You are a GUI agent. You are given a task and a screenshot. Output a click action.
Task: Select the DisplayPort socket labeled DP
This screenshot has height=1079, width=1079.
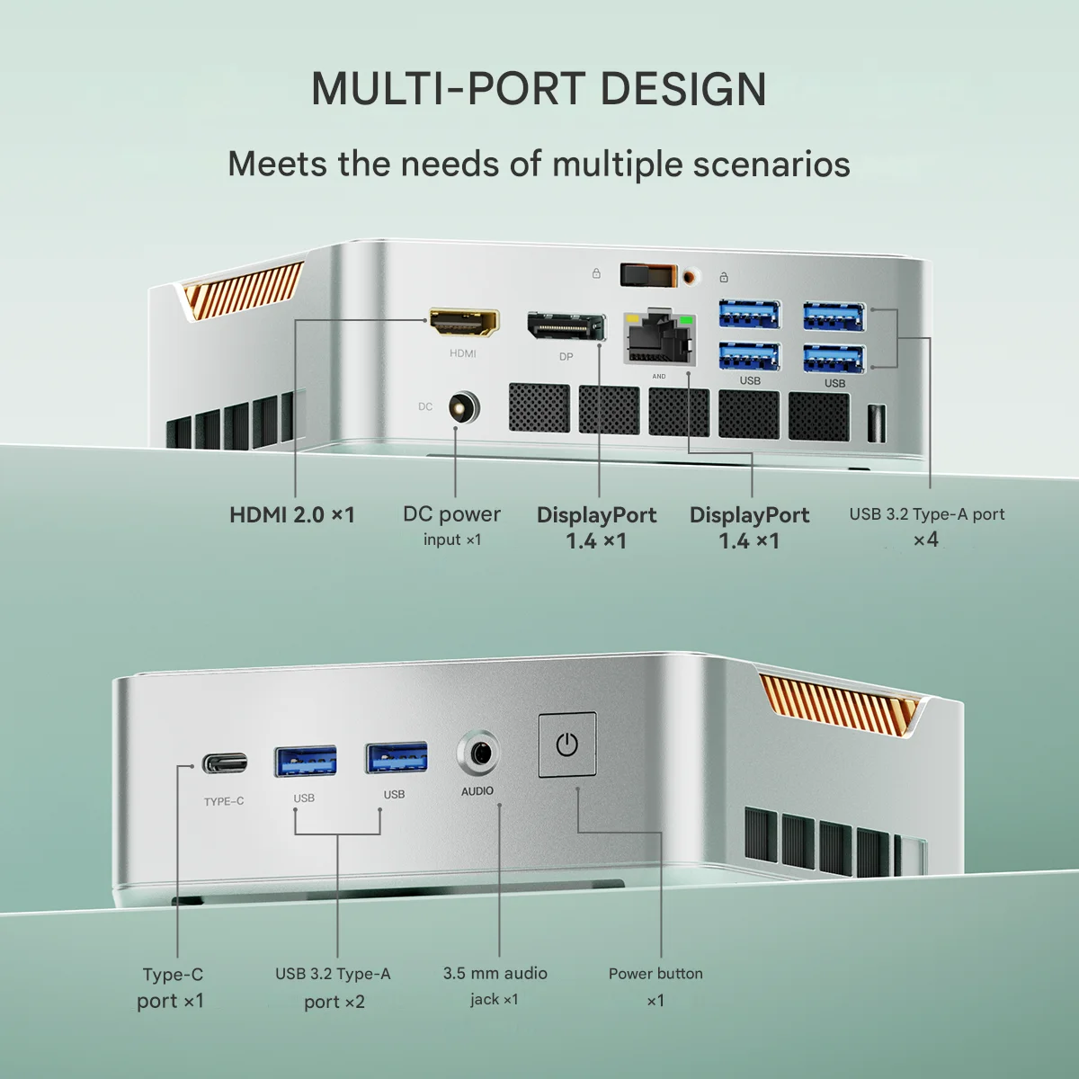click(566, 327)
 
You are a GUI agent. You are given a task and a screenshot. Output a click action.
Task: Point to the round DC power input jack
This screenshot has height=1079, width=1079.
click(459, 407)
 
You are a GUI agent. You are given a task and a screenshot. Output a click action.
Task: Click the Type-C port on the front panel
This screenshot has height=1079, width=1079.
click(223, 764)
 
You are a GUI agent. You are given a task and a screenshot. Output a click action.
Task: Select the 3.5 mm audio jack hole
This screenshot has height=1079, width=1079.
click(478, 752)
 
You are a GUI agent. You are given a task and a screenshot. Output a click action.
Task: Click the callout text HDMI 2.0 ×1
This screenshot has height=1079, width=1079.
click(292, 514)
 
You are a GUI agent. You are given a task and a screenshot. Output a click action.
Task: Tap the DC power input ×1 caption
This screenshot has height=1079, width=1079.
click(451, 525)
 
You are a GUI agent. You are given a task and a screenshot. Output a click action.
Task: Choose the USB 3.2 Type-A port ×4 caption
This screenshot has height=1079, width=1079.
click(926, 526)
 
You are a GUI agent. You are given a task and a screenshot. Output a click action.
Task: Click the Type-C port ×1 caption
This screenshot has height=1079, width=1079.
click(172, 987)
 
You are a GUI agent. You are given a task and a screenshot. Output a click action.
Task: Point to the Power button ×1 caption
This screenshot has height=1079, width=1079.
click(655, 986)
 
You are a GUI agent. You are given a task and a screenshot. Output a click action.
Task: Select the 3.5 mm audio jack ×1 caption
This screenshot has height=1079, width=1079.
click(495, 985)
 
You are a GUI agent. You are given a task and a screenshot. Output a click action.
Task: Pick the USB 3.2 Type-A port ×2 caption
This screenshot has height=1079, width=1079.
click(334, 986)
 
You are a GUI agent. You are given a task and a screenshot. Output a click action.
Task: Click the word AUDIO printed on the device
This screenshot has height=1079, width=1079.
click(477, 791)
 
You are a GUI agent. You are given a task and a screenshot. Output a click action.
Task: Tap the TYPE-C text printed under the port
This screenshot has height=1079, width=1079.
click(224, 801)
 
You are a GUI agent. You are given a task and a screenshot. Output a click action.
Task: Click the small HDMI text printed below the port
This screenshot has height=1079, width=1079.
click(463, 354)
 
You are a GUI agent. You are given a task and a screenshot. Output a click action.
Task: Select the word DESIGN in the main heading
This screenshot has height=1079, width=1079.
click(683, 88)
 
